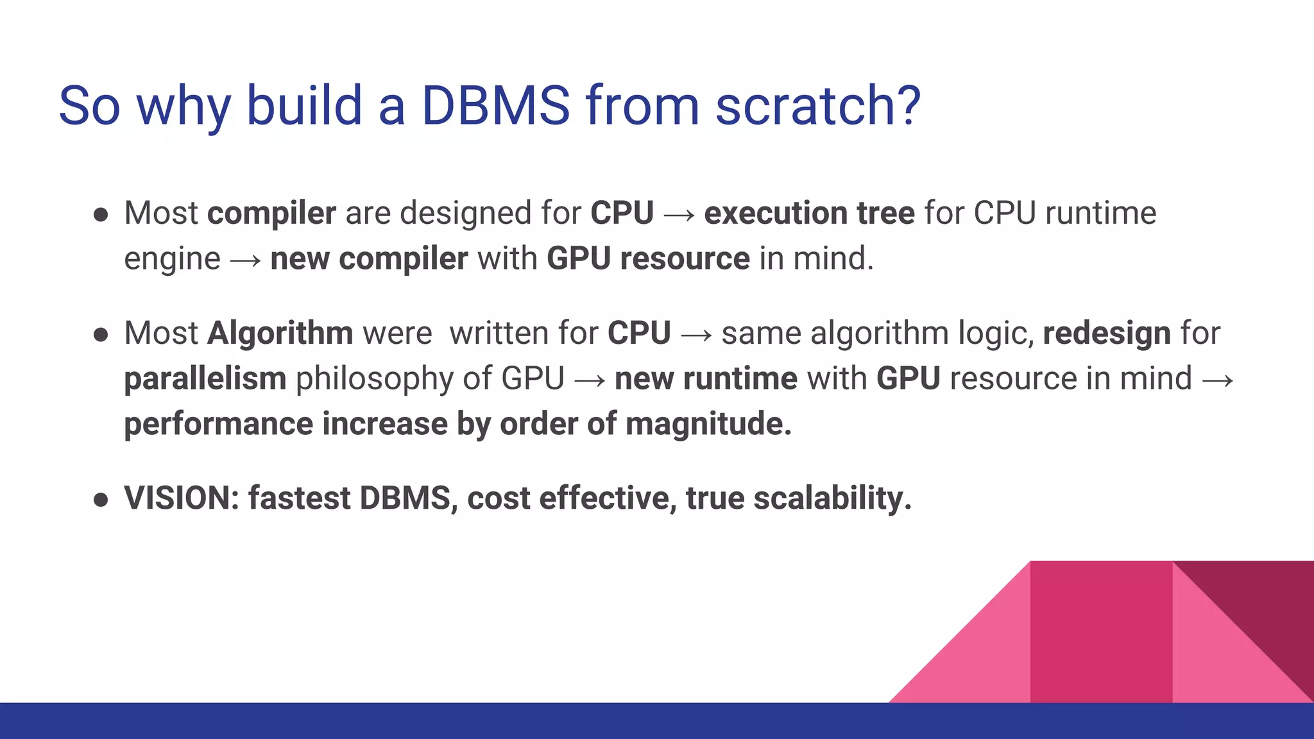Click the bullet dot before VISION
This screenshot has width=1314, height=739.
click(101, 499)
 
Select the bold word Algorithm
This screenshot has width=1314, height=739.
click(280, 334)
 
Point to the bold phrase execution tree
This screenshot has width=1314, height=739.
click(809, 213)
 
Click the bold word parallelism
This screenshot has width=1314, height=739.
click(205, 378)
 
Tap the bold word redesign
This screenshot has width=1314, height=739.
click(1107, 334)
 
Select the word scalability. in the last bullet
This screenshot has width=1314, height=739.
click(832, 498)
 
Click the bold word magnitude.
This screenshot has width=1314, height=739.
click(708, 424)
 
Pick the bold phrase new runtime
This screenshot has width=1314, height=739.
click(706, 378)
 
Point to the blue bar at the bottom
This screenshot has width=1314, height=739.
click(449, 721)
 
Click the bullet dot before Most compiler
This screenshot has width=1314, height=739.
click(101, 214)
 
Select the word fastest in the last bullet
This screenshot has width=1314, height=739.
click(299, 498)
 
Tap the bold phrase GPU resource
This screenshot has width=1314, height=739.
click(648, 259)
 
